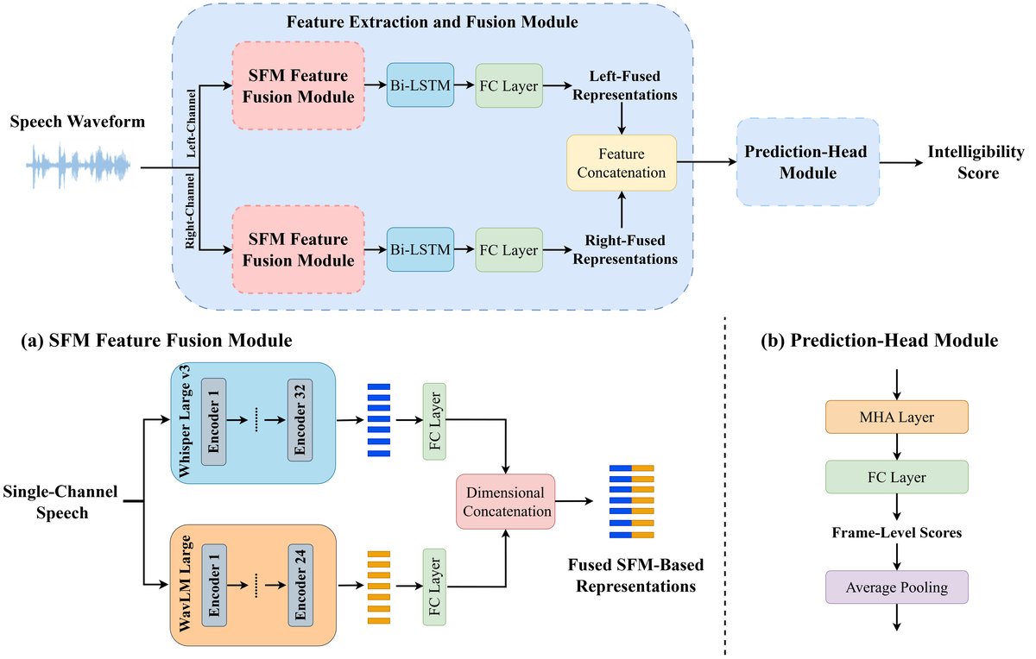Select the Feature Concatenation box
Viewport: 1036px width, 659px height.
pos(622,162)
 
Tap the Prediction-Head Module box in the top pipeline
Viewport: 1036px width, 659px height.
pos(807,161)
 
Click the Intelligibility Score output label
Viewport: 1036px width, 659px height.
pos(976,162)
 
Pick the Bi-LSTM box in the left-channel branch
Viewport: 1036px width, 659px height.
pos(420,85)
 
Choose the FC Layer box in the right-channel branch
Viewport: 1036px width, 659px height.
pos(509,250)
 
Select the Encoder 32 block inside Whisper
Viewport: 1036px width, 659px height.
pos(301,420)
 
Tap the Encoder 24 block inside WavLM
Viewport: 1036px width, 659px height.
pos(301,586)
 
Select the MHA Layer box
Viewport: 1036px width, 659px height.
pos(896,417)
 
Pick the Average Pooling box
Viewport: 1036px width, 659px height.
pos(896,587)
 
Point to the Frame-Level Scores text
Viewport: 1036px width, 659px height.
pos(896,533)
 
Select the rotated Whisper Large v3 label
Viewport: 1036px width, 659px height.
pos(186,420)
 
